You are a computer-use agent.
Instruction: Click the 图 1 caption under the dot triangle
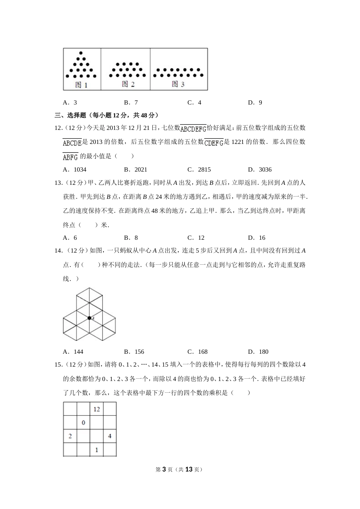(81, 85)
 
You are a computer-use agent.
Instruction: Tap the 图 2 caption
(128, 84)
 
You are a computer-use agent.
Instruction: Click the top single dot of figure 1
(81, 53)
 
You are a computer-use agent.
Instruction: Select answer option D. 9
(255, 102)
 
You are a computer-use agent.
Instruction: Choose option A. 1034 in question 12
(75, 169)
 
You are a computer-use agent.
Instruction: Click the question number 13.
(59, 183)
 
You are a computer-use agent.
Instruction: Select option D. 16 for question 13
(257, 237)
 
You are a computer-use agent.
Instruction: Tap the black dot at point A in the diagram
(89, 318)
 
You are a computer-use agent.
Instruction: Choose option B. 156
(134, 351)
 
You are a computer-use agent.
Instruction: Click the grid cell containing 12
(97, 409)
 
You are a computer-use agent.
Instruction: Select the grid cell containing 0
(83, 423)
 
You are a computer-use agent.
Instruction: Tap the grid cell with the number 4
(110, 436)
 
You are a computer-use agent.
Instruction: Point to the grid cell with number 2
(70, 436)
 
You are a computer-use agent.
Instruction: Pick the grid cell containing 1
(97, 450)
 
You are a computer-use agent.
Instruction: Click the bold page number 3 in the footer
(164, 469)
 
